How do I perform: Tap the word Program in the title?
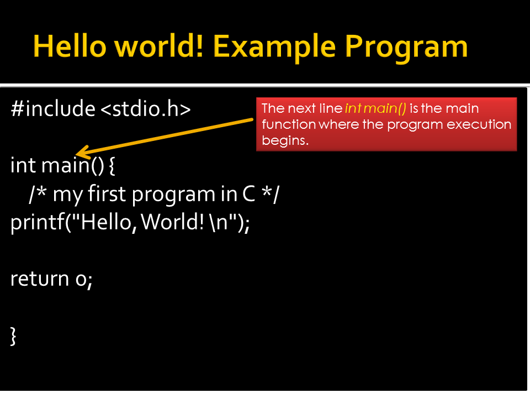(406, 47)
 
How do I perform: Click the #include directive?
(52, 109)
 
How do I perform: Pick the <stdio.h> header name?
(145, 109)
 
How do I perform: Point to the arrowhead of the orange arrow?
(80, 153)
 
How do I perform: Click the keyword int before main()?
(23, 165)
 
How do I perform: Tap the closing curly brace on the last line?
(14, 336)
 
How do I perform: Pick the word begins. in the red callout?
(285, 140)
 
